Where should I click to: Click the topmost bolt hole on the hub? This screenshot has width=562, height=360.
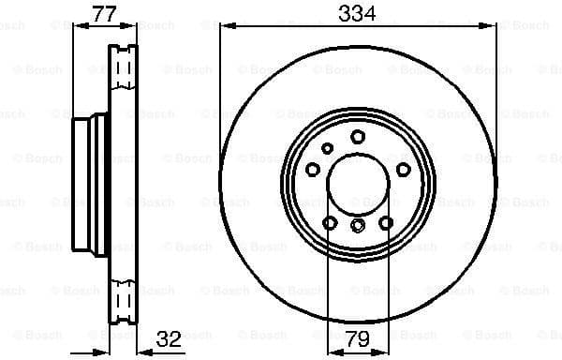point(358,137)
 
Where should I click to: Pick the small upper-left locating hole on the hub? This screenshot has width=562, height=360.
point(327,148)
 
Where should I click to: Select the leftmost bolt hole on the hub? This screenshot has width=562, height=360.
point(312,170)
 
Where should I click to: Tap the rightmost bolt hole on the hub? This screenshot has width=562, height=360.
point(404,170)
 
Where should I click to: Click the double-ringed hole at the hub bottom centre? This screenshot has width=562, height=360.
point(358,225)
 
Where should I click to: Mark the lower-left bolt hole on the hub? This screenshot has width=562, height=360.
point(330,223)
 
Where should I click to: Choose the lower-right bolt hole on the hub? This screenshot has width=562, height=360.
point(386,223)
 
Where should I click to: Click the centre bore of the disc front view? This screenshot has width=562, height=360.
point(358,183)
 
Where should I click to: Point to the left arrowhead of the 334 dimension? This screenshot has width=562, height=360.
point(225,27)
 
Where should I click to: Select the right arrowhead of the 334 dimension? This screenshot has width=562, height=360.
point(490,27)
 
